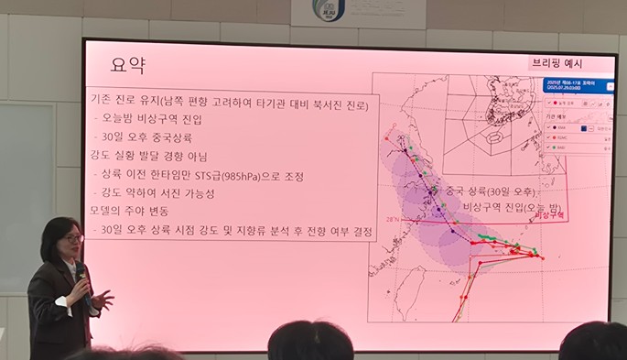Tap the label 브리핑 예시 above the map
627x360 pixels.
(x=557, y=63)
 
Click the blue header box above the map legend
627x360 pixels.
(x=574, y=84)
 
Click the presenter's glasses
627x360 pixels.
(x=72, y=239)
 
